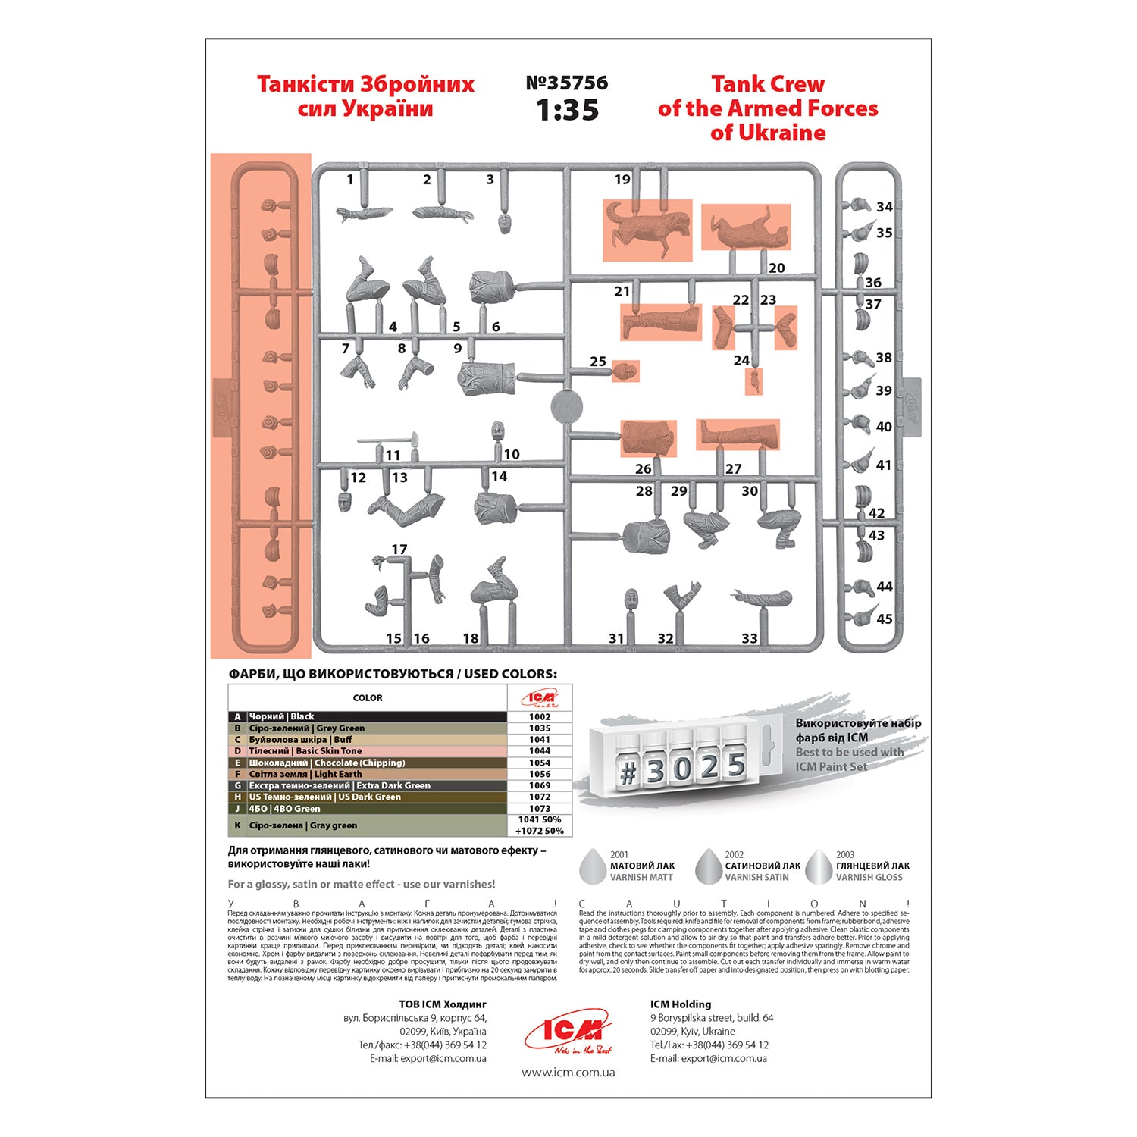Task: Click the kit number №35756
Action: point(566,83)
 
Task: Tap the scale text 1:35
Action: point(567,111)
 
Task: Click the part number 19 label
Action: point(622,180)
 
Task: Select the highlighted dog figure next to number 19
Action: point(647,229)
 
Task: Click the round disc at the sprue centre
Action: point(567,406)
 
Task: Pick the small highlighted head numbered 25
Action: point(625,371)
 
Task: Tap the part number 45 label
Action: point(884,619)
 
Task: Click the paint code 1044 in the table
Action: point(540,751)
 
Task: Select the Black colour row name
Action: point(281,716)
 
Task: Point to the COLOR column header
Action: point(368,698)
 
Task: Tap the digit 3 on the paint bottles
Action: point(655,770)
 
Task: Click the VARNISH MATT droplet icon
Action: point(593,866)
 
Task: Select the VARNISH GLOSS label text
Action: point(869,878)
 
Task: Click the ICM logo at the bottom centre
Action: point(568,1032)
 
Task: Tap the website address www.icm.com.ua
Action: point(568,1073)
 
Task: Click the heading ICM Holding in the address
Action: point(680,1004)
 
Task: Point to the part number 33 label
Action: point(749,639)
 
